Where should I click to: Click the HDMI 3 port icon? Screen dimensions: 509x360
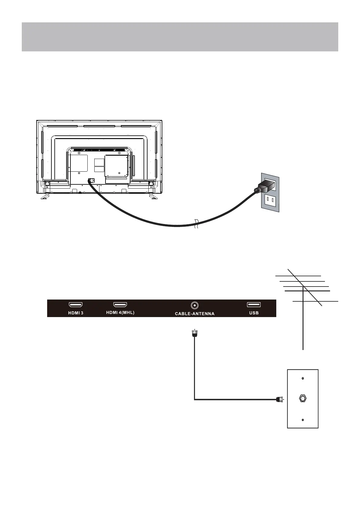[x=76, y=305]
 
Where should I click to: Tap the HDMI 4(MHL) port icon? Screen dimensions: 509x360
[x=120, y=305]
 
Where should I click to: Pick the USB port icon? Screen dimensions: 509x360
[x=254, y=305]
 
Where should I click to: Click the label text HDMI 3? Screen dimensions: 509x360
[x=75, y=313]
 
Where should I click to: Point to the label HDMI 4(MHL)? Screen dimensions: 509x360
[x=120, y=313]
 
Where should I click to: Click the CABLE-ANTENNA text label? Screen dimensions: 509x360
[x=195, y=314]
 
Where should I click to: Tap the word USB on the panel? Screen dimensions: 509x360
[x=254, y=313]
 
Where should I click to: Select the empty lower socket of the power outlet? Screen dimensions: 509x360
[x=271, y=200]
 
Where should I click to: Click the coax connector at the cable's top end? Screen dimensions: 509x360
[x=194, y=333]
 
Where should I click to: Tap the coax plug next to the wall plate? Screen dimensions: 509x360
[x=280, y=399]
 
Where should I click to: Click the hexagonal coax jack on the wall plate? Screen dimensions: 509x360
[x=302, y=398]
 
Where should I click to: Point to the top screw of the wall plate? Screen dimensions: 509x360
[x=303, y=378]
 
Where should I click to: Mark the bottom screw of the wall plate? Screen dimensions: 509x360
[x=303, y=420]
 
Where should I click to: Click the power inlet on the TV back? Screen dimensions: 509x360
[x=91, y=181]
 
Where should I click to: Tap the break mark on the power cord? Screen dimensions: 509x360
[x=197, y=224]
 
